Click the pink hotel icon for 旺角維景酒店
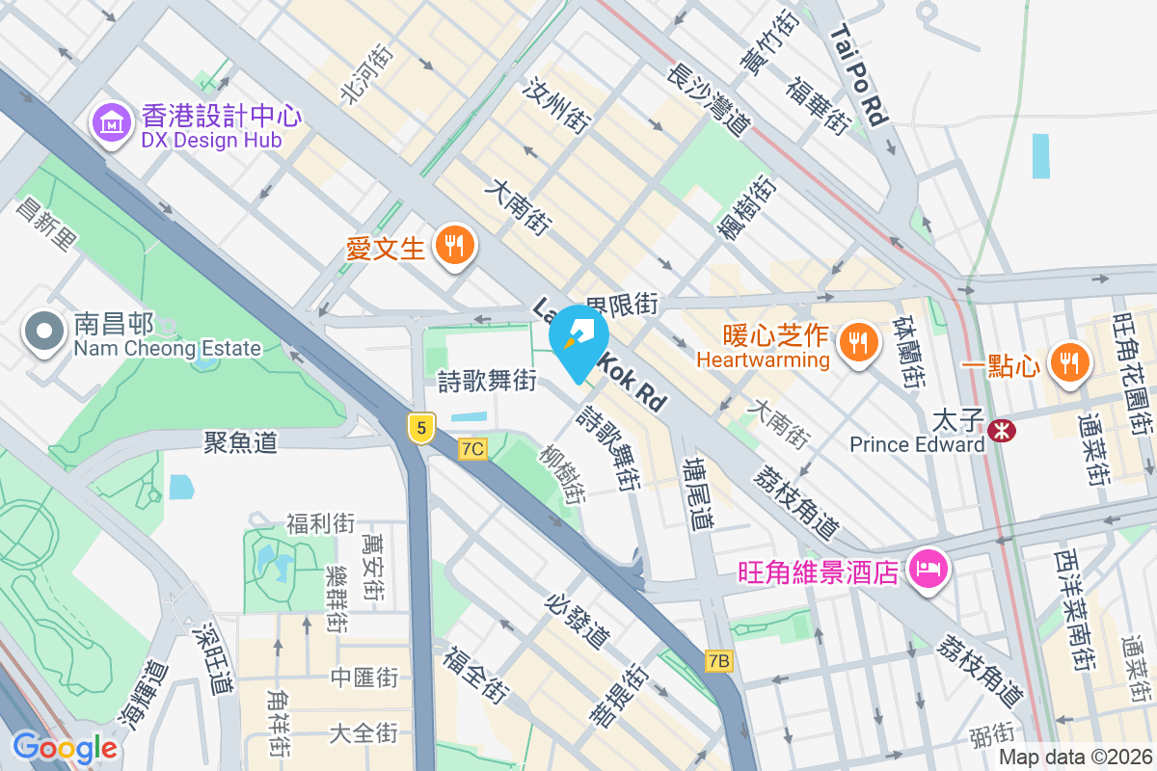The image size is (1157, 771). (929, 570)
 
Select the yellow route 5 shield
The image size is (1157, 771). (419, 427)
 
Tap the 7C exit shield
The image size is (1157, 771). (472, 448)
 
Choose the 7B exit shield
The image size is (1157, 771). (718, 660)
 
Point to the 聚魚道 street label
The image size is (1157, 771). (240, 442)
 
